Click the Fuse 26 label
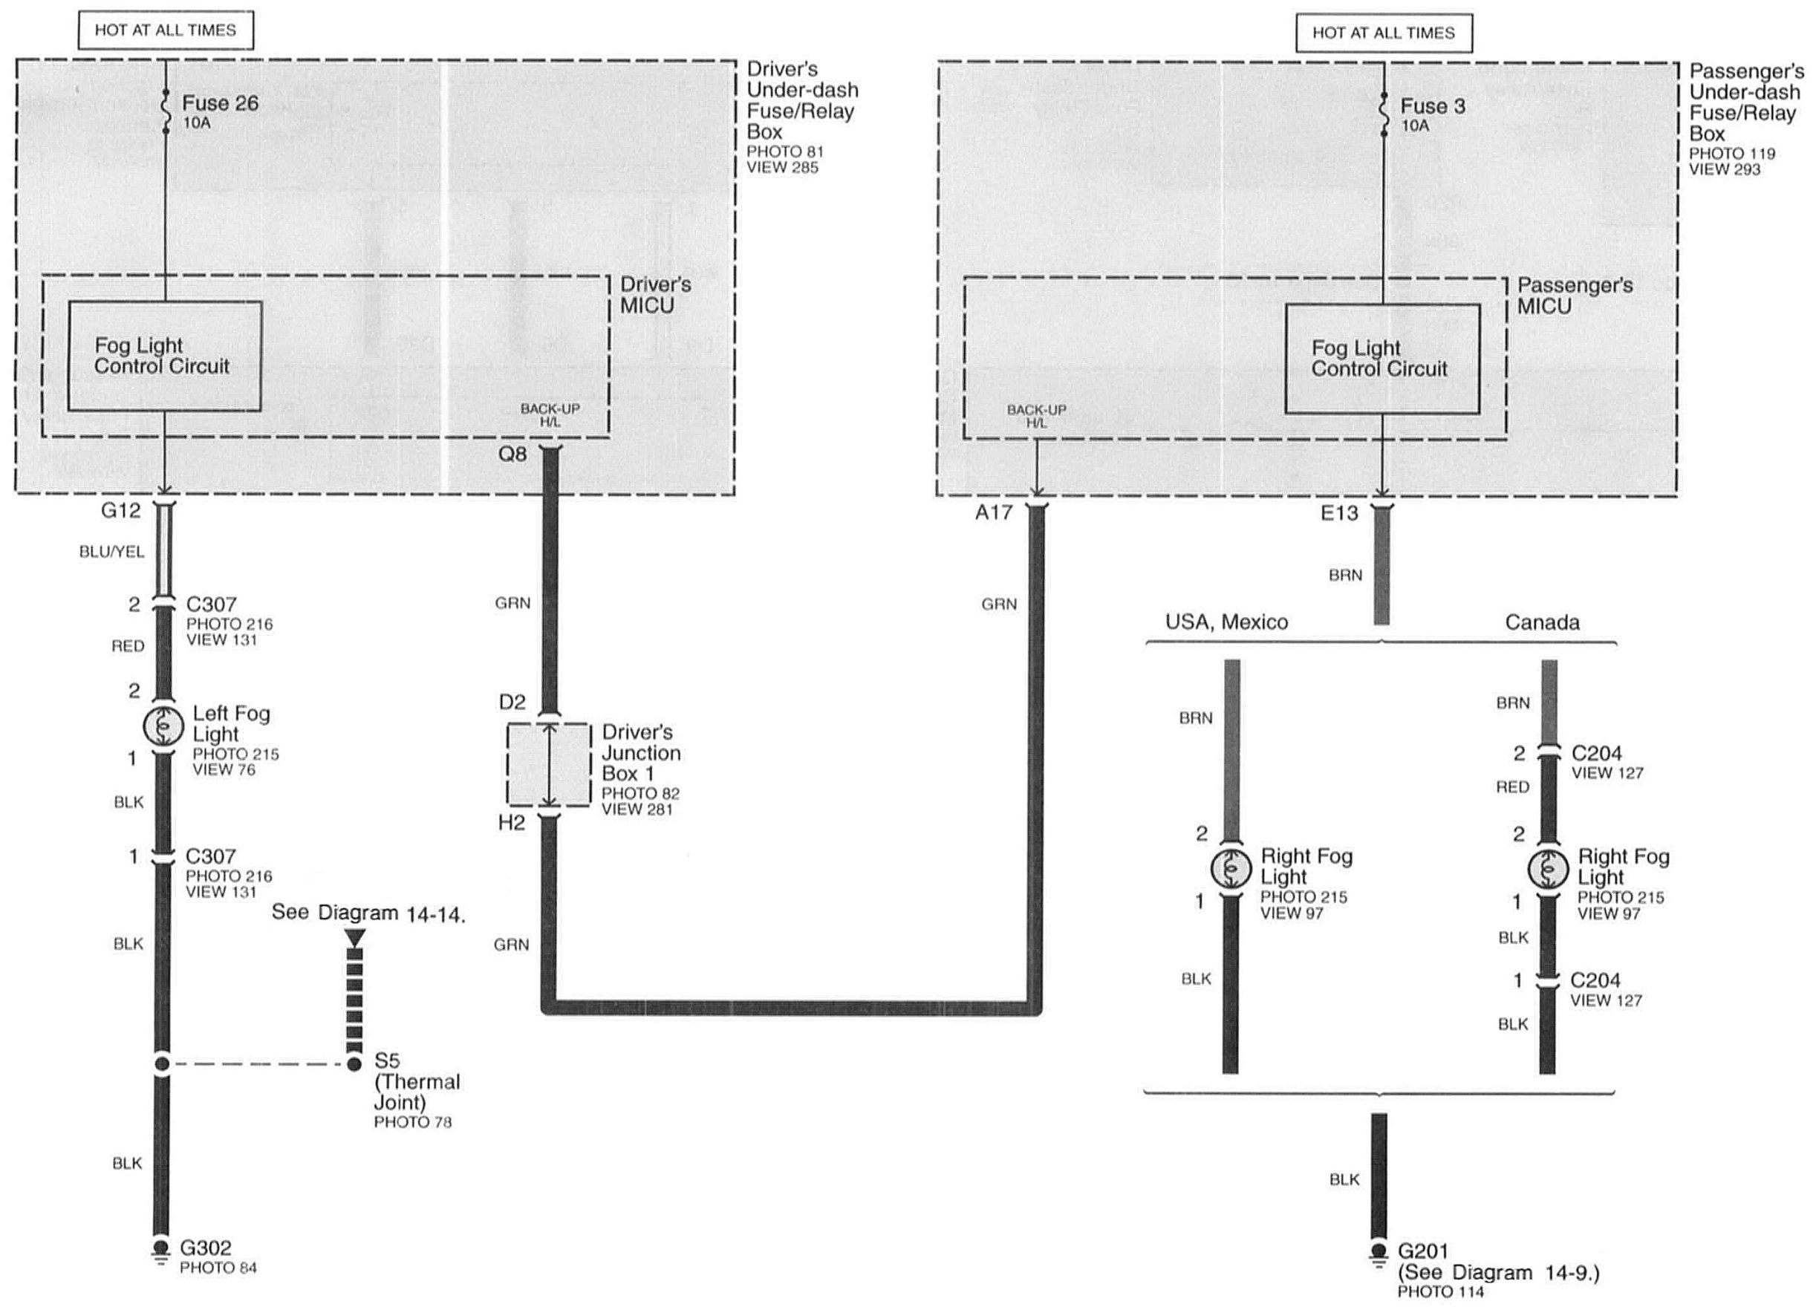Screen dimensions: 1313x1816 coord(219,104)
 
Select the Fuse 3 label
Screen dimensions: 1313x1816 coord(1432,106)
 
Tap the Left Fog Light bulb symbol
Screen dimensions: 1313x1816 coord(163,726)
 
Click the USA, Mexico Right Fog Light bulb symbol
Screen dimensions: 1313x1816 coord(1231,868)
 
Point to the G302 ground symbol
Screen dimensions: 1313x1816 coord(161,1249)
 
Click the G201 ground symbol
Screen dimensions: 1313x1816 coord(1378,1252)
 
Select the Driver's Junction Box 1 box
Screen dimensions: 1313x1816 coord(548,765)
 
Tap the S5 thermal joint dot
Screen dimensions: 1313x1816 coord(354,1064)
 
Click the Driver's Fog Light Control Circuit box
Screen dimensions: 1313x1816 coord(164,356)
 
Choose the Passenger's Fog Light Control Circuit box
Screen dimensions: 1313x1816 coord(1382,359)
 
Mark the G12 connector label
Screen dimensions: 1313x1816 coord(121,510)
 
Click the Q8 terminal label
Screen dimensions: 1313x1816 coord(512,454)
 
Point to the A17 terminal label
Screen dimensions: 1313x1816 coord(994,512)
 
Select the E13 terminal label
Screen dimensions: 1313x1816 coord(1338,512)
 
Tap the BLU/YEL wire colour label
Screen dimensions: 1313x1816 coord(111,553)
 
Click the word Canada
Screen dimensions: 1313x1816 coord(1542,623)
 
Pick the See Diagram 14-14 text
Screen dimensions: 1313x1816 coord(368,913)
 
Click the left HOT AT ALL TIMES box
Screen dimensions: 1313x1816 coord(166,31)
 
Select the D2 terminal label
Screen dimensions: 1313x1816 coord(512,702)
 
